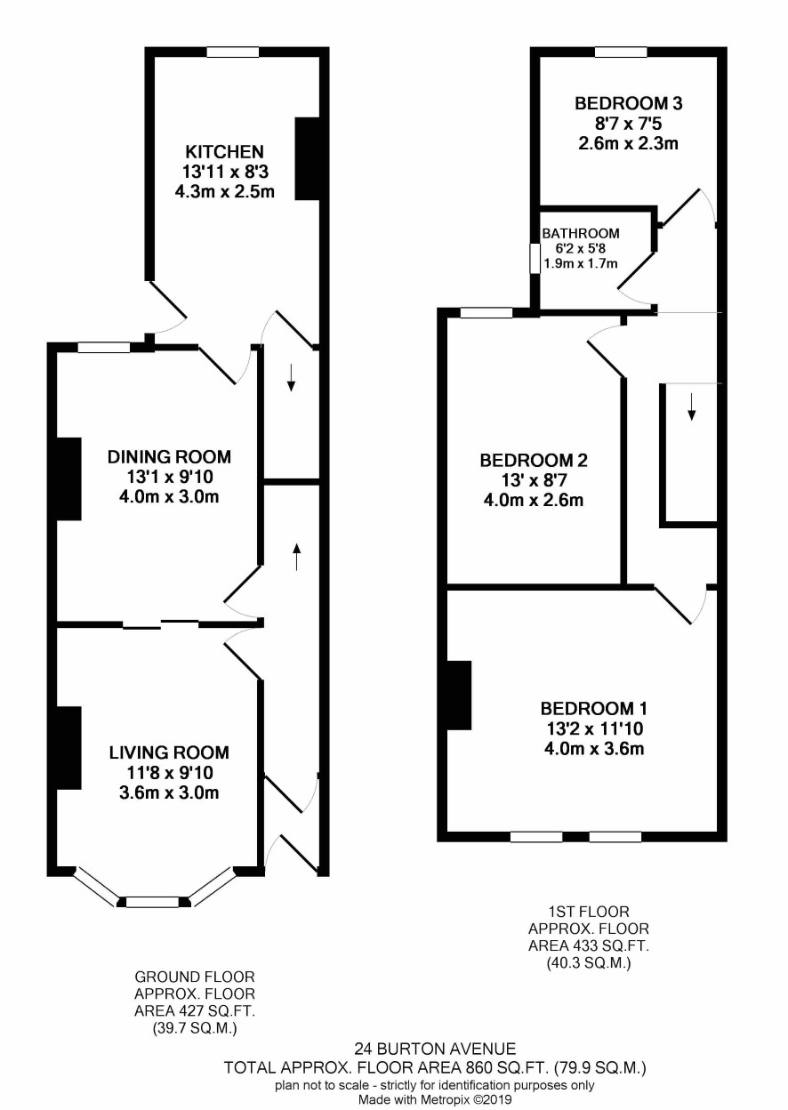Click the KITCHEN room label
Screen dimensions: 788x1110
[x=224, y=151]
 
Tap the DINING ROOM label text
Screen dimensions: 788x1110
[x=169, y=456]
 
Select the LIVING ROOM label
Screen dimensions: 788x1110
[x=169, y=752]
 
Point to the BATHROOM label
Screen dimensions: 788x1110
[x=581, y=233]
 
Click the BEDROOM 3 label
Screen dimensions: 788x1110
[x=628, y=103]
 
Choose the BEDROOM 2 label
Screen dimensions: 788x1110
[x=534, y=461]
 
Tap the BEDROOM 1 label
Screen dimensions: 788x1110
[x=594, y=708]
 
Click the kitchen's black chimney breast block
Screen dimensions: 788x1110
[x=307, y=158]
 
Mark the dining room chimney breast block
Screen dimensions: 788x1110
[x=68, y=479]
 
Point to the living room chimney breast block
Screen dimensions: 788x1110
[x=68, y=748]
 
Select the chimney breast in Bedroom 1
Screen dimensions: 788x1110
[x=459, y=696]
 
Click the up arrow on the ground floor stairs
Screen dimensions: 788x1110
[x=297, y=556]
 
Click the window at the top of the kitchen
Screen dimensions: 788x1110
[x=233, y=52]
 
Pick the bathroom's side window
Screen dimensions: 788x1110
[x=535, y=258]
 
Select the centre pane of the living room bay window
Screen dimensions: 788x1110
[x=153, y=902]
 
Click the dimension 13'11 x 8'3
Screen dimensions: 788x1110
[x=225, y=172]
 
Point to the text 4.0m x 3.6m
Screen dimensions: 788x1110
[x=594, y=748]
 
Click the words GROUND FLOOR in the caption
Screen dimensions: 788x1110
[x=195, y=977]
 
